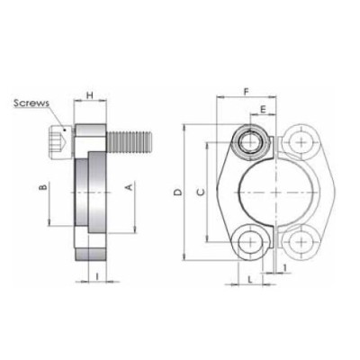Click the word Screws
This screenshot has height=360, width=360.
click(x=32, y=103)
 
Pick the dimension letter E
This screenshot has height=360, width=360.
click(x=262, y=110)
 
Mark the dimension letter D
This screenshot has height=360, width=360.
click(x=178, y=192)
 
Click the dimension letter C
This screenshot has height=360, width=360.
click(x=201, y=192)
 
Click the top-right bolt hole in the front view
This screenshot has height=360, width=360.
click(x=299, y=141)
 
